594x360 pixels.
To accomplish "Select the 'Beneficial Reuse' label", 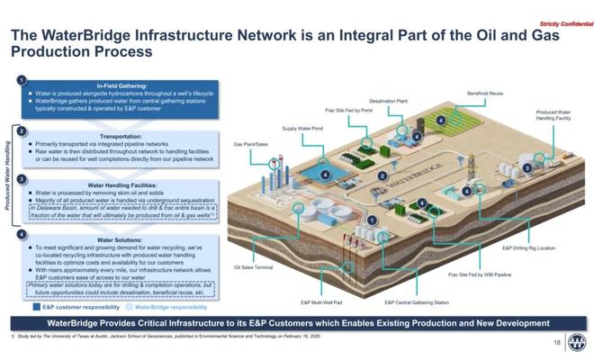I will [484, 93].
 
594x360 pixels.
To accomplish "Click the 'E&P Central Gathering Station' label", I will [416, 302].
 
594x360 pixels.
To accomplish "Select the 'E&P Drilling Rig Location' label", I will [527, 247].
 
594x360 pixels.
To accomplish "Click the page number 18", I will [555, 343].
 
